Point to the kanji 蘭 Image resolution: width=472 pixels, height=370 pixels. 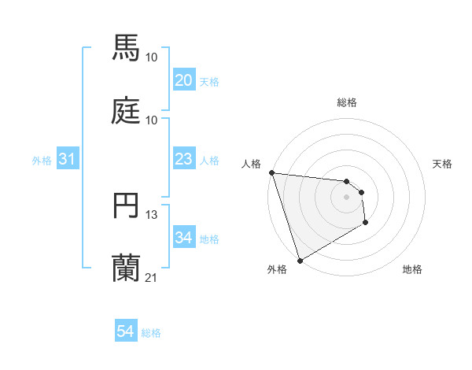pos(127,268)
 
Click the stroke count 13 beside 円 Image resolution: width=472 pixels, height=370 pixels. pos(152,214)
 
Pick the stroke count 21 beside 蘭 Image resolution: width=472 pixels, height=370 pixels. pos(152,277)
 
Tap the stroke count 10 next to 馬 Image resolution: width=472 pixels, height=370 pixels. pos(152,57)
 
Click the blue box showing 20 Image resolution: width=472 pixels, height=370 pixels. pos(183,80)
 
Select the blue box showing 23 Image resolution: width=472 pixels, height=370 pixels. pos(183,159)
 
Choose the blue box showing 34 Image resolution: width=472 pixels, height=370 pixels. pos(183,238)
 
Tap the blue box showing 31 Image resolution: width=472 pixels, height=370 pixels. pos(67,159)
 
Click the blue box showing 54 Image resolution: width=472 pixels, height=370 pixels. pos(125,332)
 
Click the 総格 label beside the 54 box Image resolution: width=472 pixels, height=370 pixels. pos(151,333)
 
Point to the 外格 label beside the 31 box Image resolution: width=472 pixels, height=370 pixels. pos(42,160)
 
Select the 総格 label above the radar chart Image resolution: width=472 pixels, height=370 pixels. pos(346,102)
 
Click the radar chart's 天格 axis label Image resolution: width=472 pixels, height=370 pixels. pos(443,164)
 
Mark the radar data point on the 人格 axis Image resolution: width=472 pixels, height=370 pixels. pos(271,172)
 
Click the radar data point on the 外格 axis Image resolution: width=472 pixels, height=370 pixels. pos(300,260)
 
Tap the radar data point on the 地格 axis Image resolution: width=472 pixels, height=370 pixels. pos(366,224)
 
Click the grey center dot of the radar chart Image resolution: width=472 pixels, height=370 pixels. pos(346,197)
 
